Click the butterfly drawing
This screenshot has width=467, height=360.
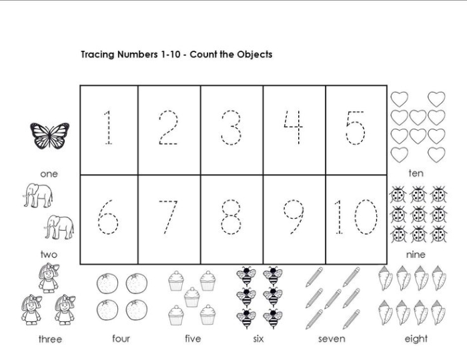(x=50, y=136)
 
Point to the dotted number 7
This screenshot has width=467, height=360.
(x=169, y=217)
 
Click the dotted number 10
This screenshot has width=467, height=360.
(x=356, y=217)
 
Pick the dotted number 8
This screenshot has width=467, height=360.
(x=231, y=217)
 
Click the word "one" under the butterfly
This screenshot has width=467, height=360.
(x=49, y=174)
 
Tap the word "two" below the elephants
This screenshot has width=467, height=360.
(x=49, y=254)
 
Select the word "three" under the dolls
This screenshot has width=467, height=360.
(x=50, y=339)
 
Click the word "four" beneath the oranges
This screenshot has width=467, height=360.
(x=121, y=339)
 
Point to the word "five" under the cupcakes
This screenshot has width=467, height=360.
(x=193, y=339)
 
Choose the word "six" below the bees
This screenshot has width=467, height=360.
(x=260, y=339)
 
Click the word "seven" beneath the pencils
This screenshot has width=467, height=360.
(x=332, y=339)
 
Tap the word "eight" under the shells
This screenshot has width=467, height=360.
(x=416, y=339)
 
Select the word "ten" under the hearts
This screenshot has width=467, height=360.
(x=416, y=173)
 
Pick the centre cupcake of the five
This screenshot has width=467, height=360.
(x=192, y=297)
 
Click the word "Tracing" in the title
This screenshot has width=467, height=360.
(x=98, y=55)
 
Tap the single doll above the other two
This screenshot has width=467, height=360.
(x=48, y=279)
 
